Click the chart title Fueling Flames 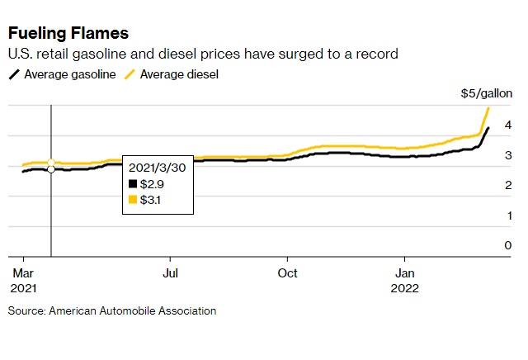tap(68, 34)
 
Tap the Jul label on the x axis tap(170, 272)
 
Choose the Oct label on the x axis tap(288, 272)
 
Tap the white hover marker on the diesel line tap(51, 163)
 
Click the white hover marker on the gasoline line tap(51, 169)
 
